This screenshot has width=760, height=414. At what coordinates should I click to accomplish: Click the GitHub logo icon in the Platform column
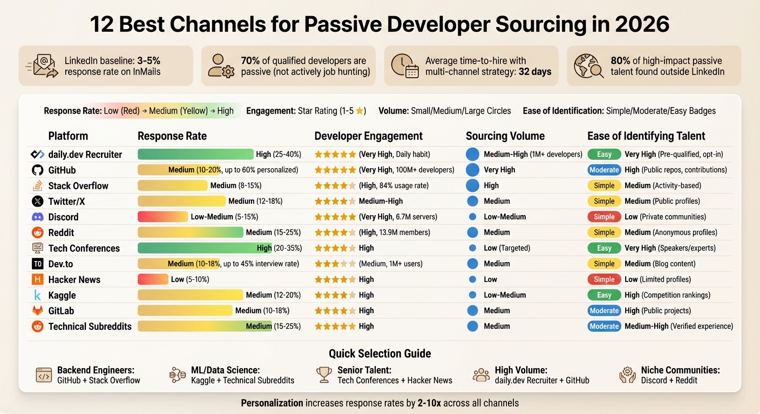click(37, 170)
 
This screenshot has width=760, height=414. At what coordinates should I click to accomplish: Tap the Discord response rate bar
click(163, 217)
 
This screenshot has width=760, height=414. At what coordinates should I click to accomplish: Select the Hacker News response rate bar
click(153, 280)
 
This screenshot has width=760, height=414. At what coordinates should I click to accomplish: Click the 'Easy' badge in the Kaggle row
click(604, 295)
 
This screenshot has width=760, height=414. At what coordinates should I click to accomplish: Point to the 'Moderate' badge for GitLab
click(604, 311)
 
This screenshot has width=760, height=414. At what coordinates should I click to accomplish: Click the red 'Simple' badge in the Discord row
click(604, 217)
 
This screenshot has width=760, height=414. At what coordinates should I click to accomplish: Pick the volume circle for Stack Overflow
click(472, 186)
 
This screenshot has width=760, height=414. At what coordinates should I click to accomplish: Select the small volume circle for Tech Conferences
click(472, 249)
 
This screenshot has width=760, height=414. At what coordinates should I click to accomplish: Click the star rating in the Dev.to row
click(335, 264)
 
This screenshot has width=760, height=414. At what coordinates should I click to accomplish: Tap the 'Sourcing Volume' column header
click(505, 136)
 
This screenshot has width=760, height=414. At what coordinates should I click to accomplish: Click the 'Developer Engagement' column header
click(369, 136)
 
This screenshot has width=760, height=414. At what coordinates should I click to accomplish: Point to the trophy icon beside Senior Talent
click(324, 375)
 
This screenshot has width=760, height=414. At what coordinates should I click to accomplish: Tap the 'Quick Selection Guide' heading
click(379, 354)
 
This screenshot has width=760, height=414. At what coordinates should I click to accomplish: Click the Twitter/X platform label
click(67, 202)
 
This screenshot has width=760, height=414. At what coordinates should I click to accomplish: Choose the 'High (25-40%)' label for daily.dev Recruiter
click(278, 155)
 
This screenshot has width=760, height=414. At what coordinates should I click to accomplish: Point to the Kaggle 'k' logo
click(37, 295)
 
